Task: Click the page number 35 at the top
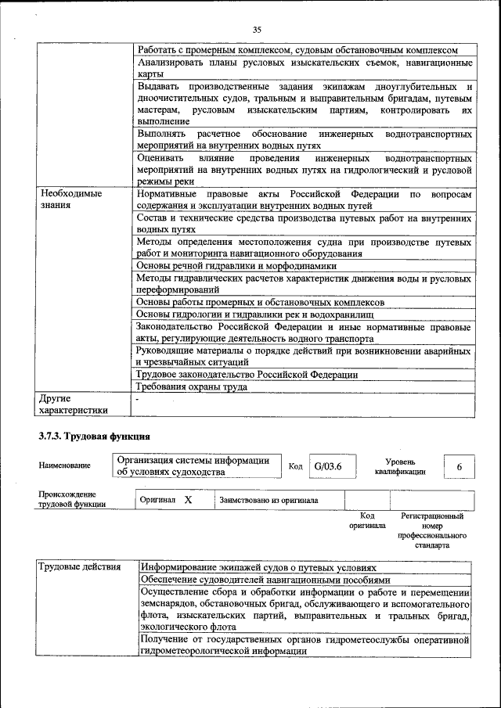(257, 29)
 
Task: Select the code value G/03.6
(323, 467)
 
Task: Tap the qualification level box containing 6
(460, 467)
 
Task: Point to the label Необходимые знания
(64, 199)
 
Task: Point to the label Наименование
(64, 465)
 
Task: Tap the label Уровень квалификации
(399, 466)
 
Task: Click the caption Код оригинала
(367, 520)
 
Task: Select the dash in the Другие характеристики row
(138, 398)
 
